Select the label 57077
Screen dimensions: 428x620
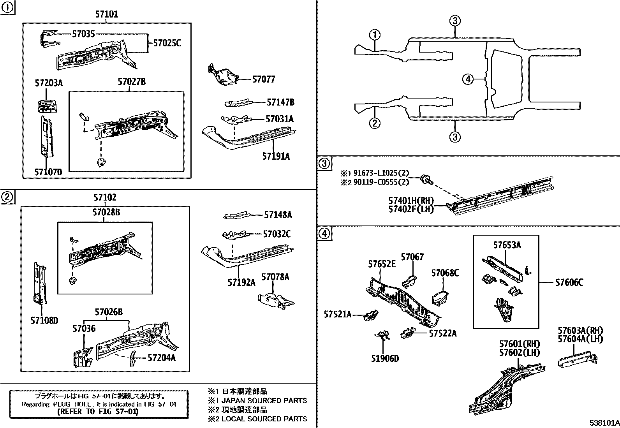tap(264, 79)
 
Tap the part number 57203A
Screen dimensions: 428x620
tap(49, 83)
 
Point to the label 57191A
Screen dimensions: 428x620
tap(276, 157)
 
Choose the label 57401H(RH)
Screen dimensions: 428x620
tap(411, 201)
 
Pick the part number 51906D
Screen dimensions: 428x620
tap(385, 358)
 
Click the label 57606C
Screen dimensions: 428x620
tap(569, 282)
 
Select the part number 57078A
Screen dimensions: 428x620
tap(275, 277)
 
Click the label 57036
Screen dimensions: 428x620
tap(83, 329)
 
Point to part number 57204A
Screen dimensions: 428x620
tap(162, 358)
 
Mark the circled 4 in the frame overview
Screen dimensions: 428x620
tap(468, 79)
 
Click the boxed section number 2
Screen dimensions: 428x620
tap(7, 197)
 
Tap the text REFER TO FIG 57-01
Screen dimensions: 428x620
tap(97, 412)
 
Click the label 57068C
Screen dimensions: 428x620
tap(445, 273)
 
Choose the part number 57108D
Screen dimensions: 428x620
tap(44, 321)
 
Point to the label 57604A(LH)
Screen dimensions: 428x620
tap(580, 339)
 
